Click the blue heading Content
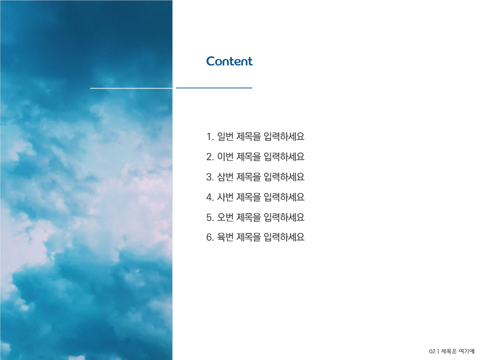coord(229,61)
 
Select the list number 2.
coord(209,157)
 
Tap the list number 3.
coord(209,177)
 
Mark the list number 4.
coord(209,197)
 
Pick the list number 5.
coord(209,218)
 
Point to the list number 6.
coord(209,237)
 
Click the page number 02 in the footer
coord(432,351)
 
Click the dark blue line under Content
coord(214,88)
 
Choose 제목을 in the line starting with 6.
coord(249,237)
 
